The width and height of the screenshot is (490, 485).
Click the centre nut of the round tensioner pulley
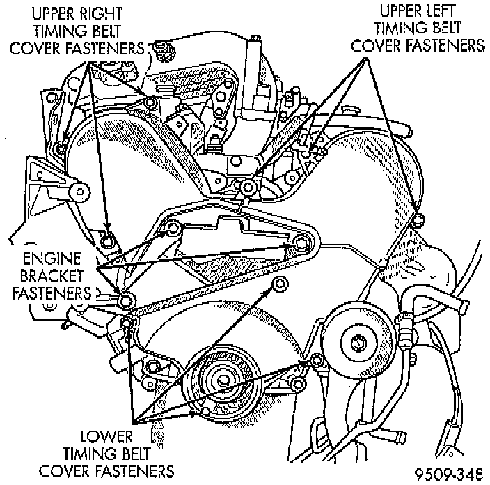(358, 343)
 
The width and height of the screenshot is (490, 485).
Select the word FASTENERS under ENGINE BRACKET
(52, 291)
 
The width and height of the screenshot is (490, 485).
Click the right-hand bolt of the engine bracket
(301, 243)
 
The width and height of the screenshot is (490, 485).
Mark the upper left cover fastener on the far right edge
(416, 222)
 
